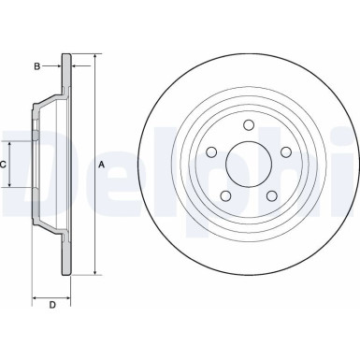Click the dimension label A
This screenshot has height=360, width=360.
pos(101,165)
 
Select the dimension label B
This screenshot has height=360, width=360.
pos(36,66)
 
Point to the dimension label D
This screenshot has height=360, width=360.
pos(51,305)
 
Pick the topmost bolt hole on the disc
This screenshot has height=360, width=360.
pos(249,126)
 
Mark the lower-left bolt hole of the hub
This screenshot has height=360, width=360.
pos(226,194)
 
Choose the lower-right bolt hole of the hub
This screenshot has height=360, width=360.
pos(271,194)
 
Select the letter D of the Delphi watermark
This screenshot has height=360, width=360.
pos(28,166)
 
